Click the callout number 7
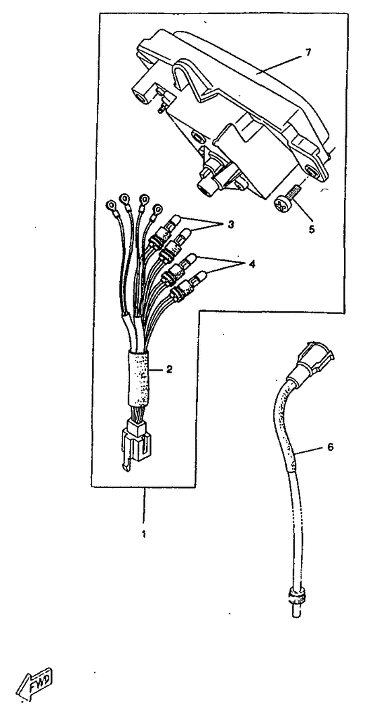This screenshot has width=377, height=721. click(308, 53)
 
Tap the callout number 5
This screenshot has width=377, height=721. click(312, 229)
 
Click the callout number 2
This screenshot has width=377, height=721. click(169, 369)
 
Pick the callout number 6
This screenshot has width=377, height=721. click(330, 447)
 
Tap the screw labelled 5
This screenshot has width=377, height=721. click(287, 197)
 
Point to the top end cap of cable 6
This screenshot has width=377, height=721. click(316, 356)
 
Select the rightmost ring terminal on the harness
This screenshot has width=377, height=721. click(158, 209)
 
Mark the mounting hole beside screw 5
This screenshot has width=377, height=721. click(312, 173)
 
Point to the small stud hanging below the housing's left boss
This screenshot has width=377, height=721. click(160, 108)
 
